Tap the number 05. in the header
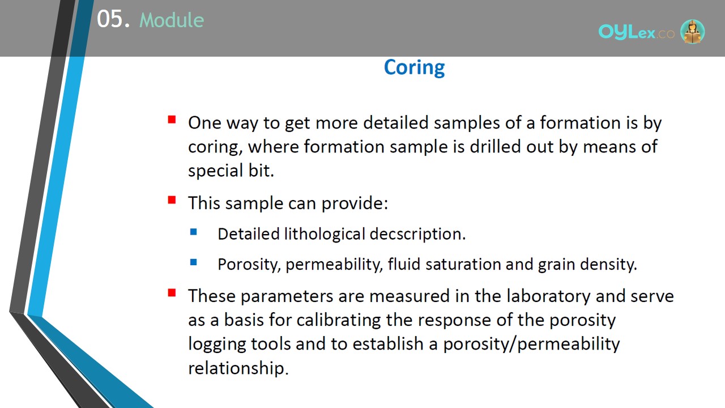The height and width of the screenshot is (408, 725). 113,19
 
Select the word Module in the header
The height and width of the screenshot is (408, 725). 172,20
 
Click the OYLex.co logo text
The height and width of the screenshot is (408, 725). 637,32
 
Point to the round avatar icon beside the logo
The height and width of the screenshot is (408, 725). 693,31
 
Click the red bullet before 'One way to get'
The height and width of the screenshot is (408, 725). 172,120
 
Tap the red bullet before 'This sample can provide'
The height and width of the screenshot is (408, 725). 172,200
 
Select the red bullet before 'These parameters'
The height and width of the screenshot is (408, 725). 172,293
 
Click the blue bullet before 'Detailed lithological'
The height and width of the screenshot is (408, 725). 194,232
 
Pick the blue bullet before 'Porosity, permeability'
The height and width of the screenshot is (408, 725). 194,262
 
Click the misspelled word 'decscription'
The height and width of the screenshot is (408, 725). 417,235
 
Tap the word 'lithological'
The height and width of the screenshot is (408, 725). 325,235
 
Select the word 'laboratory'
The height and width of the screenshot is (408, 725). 549,296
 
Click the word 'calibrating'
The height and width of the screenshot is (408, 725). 339,320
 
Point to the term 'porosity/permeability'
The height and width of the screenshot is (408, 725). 531,344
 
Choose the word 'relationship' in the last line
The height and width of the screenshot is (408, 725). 238,368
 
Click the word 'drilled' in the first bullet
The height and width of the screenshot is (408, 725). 495,147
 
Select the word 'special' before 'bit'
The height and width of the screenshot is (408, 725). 216,171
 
